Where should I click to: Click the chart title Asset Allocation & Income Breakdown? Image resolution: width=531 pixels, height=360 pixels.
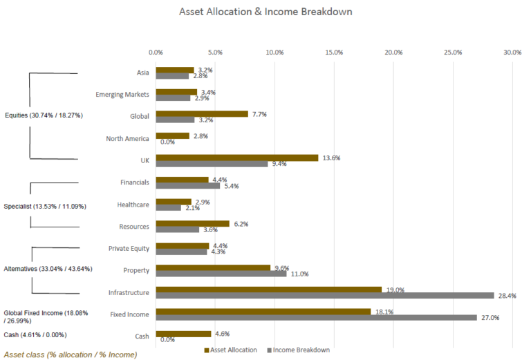265,12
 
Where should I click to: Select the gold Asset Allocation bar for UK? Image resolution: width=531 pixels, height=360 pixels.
237,158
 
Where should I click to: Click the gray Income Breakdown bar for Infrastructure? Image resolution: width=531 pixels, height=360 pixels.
325,295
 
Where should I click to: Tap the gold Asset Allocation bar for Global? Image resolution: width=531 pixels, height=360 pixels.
202,114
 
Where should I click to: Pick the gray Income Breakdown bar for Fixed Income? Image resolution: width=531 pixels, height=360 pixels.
316,317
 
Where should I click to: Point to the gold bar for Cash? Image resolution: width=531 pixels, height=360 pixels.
183,334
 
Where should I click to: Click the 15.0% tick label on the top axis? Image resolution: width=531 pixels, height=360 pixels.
334,53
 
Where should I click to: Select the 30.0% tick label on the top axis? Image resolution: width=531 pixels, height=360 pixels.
512,53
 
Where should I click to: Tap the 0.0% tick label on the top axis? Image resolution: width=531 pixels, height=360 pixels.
156,53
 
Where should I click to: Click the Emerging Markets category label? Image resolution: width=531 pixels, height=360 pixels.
122,95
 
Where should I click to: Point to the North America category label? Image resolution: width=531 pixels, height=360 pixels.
127,138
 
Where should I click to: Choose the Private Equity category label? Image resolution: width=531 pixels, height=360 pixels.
129,248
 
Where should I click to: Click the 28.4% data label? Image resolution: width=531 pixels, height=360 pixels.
507,296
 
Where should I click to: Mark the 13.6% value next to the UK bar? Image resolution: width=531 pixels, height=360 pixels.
332,158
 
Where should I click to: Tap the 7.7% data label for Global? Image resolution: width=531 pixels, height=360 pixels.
259,115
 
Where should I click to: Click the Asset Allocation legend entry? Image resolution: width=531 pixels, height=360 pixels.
231,350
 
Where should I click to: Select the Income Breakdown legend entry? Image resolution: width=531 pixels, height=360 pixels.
299,350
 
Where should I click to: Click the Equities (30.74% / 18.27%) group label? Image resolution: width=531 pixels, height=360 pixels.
44,115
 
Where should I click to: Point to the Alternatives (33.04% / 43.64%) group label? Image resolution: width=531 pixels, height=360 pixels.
48,269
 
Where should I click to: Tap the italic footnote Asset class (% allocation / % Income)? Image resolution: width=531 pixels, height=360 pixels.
71,354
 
